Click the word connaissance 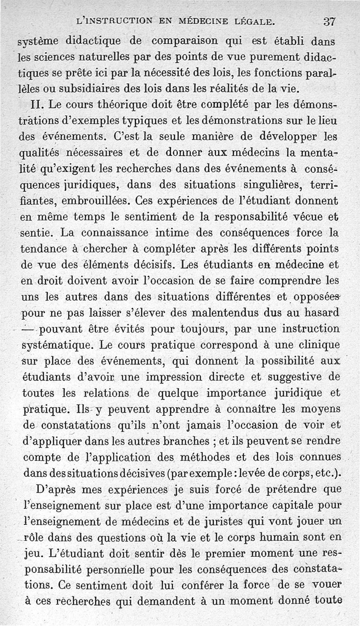click(x=117, y=233)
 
